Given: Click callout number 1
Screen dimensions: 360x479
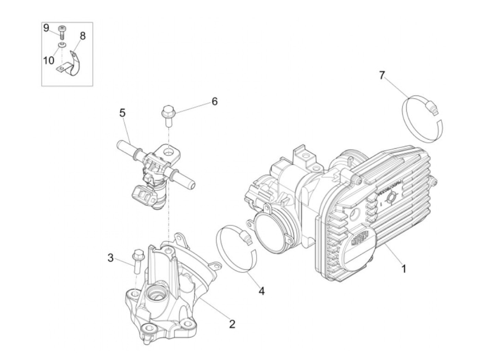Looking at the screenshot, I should point(404,269).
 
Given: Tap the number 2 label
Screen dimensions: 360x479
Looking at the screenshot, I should point(232,324).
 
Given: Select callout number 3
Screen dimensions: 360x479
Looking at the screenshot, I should point(111,258).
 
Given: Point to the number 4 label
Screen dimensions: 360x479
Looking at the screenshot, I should point(261,291).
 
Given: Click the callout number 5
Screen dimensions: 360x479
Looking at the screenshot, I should point(122,113).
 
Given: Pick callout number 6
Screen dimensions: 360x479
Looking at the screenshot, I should point(215,102).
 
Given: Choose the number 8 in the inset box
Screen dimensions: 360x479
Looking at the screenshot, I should point(83,36).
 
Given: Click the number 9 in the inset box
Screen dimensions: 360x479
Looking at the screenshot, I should point(46,28).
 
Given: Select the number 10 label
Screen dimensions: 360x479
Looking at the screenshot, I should point(49,60).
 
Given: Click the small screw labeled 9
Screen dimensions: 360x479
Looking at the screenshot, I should point(62,33).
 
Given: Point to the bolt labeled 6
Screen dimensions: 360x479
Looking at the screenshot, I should point(168,115).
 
